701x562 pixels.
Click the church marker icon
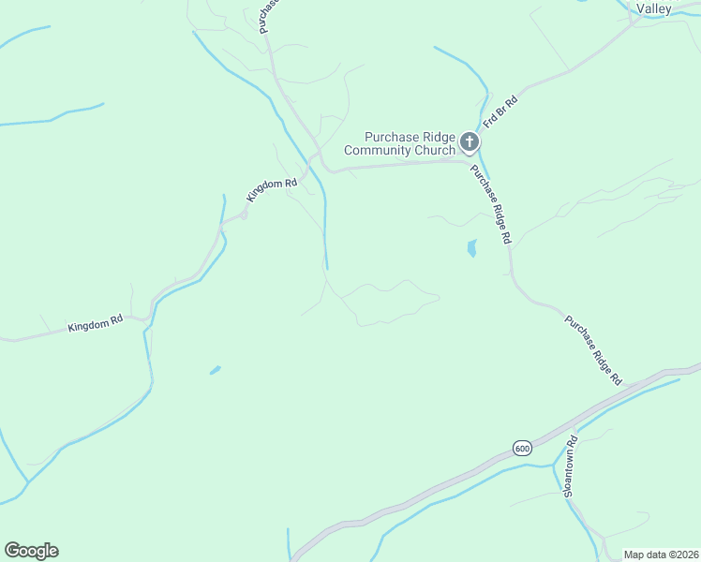click(470, 143)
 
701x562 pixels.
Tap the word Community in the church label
click(379, 150)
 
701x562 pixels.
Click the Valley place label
click(654, 8)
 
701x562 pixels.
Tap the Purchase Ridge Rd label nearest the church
click(490, 203)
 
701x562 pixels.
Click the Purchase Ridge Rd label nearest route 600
click(592, 350)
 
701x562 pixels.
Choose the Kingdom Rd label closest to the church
click(272, 189)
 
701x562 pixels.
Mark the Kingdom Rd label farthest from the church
click(95, 324)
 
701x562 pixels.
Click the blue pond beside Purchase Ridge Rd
click(471, 248)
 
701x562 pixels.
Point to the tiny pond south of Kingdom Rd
click(216, 370)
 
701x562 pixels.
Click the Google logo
click(31, 551)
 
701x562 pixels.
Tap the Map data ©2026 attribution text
click(660, 555)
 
